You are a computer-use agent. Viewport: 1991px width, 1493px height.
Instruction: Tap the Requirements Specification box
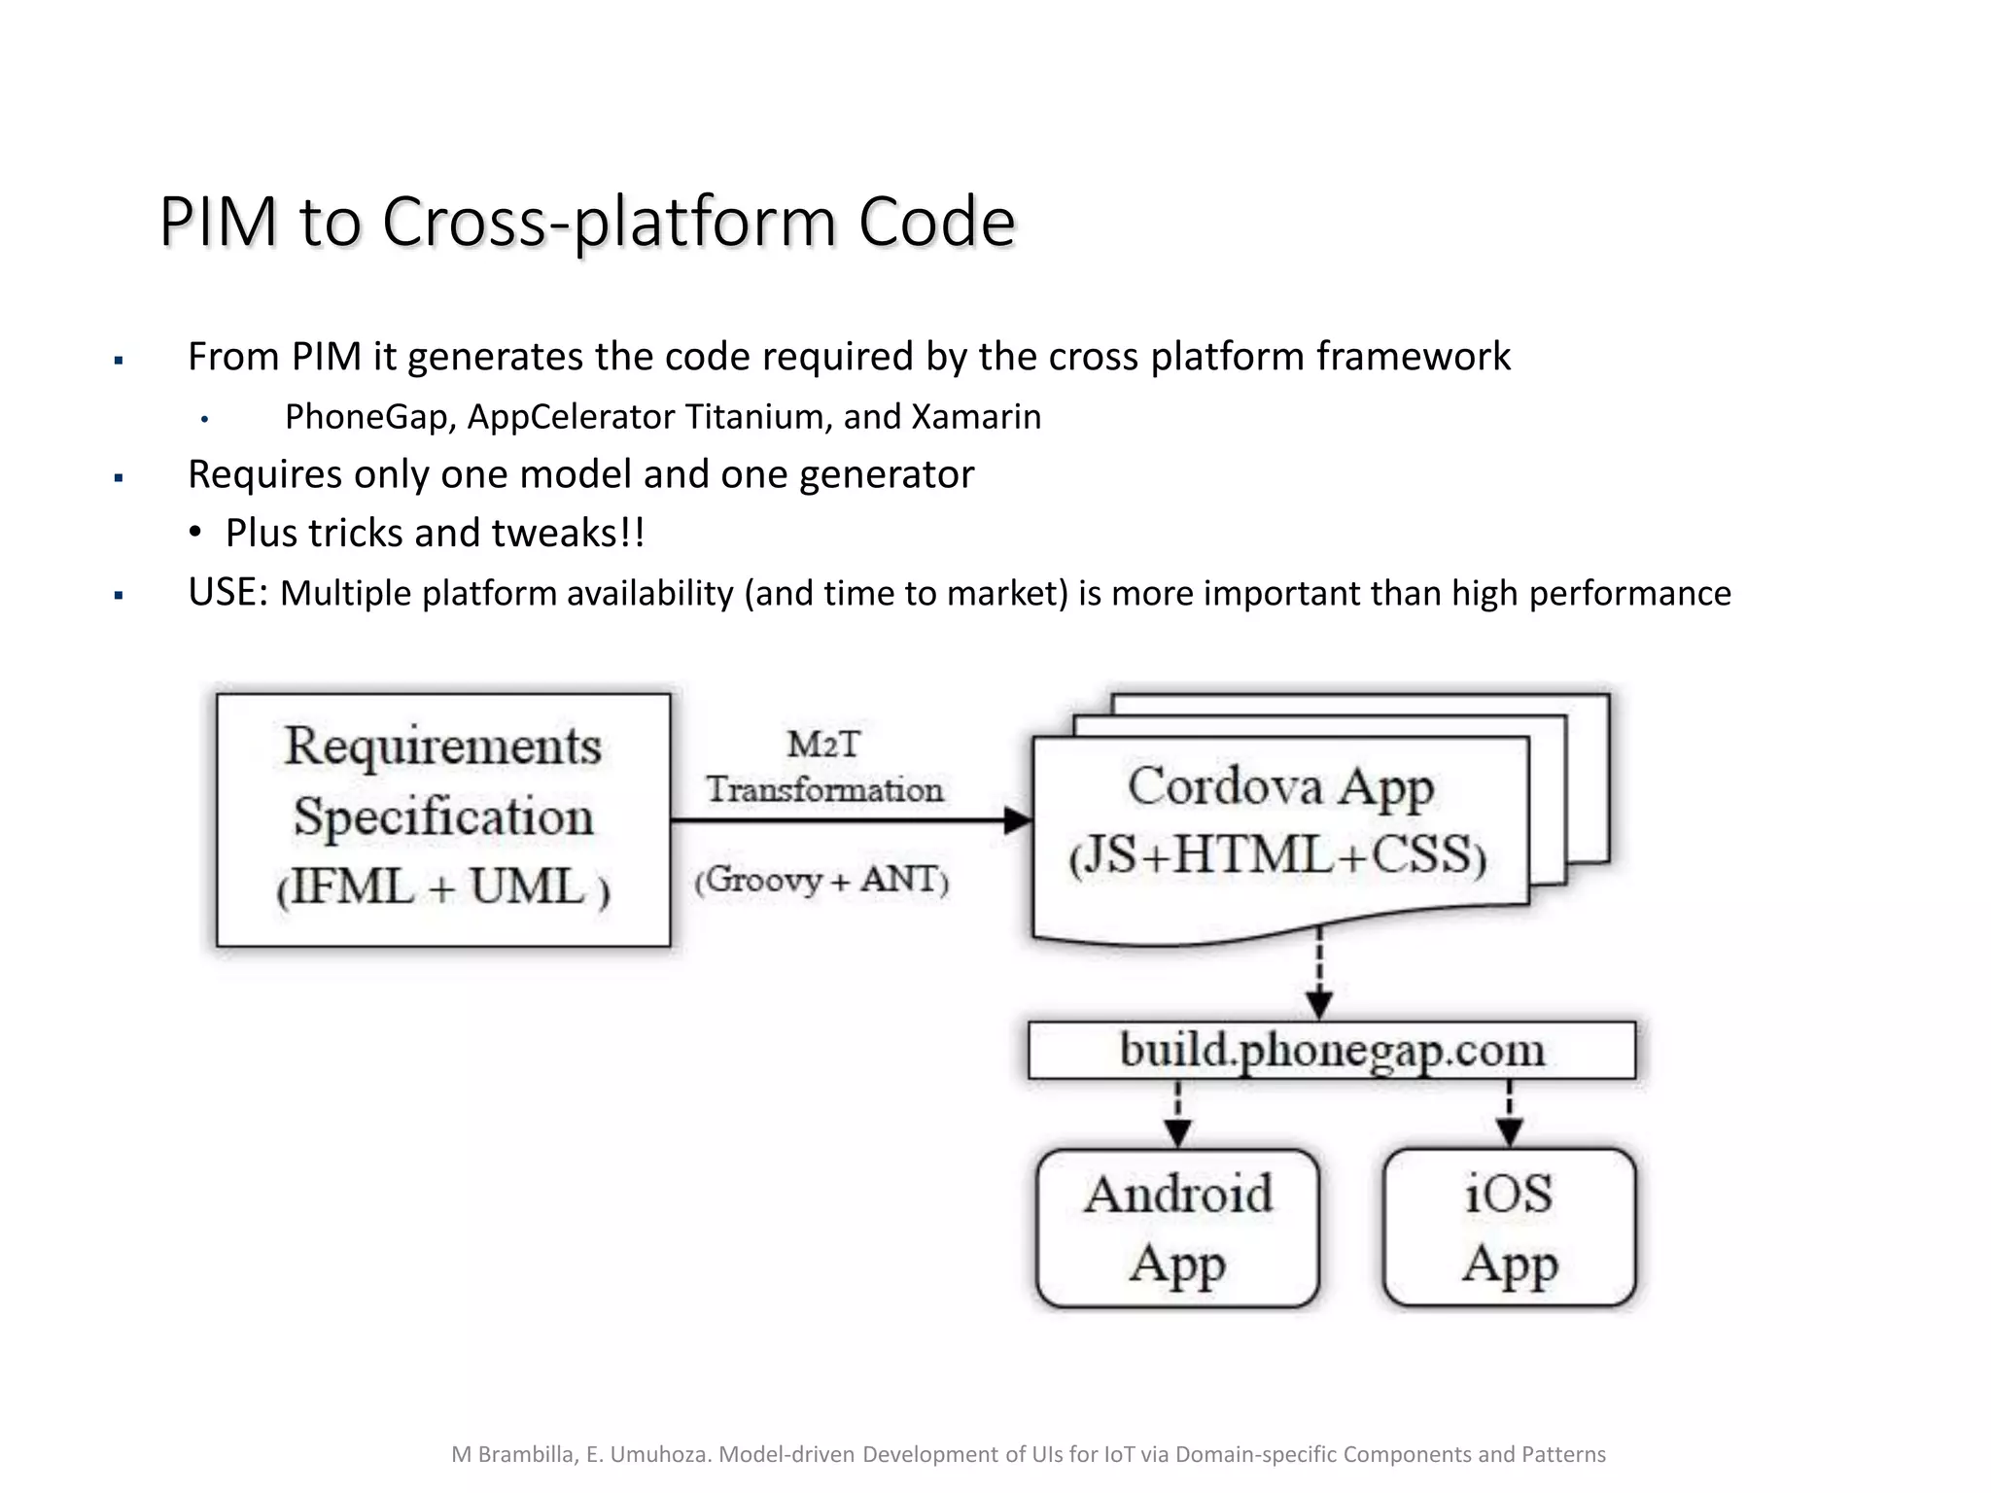pyautogui.click(x=443, y=818)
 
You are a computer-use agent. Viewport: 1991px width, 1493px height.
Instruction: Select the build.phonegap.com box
pyautogui.click(x=1332, y=1051)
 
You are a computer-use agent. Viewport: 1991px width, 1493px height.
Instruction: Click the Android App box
pyautogui.click(x=1177, y=1228)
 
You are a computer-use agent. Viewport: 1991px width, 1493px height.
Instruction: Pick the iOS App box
pyautogui.click(x=1509, y=1228)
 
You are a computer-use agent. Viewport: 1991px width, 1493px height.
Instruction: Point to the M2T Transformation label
pyautogui.click(x=823, y=768)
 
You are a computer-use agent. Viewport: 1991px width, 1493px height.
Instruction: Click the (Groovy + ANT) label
pyautogui.click(x=821, y=880)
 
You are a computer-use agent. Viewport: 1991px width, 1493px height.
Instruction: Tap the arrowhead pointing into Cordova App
pyautogui.click(x=1017, y=820)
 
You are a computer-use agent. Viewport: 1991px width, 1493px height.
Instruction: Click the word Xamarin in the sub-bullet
pyautogui.click(x=976, y=417)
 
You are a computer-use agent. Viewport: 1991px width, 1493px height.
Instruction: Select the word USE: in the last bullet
pyautogui.click(x=227, y=592)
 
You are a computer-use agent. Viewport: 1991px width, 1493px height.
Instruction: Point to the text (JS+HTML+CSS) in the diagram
pyautogui.click(x=1277, y=856)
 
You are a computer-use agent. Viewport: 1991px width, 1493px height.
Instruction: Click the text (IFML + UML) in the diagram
pyautogui.click(x=443, y=887)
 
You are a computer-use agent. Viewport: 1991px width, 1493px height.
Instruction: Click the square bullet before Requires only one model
pyautogui.click(x=119, y=478)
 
